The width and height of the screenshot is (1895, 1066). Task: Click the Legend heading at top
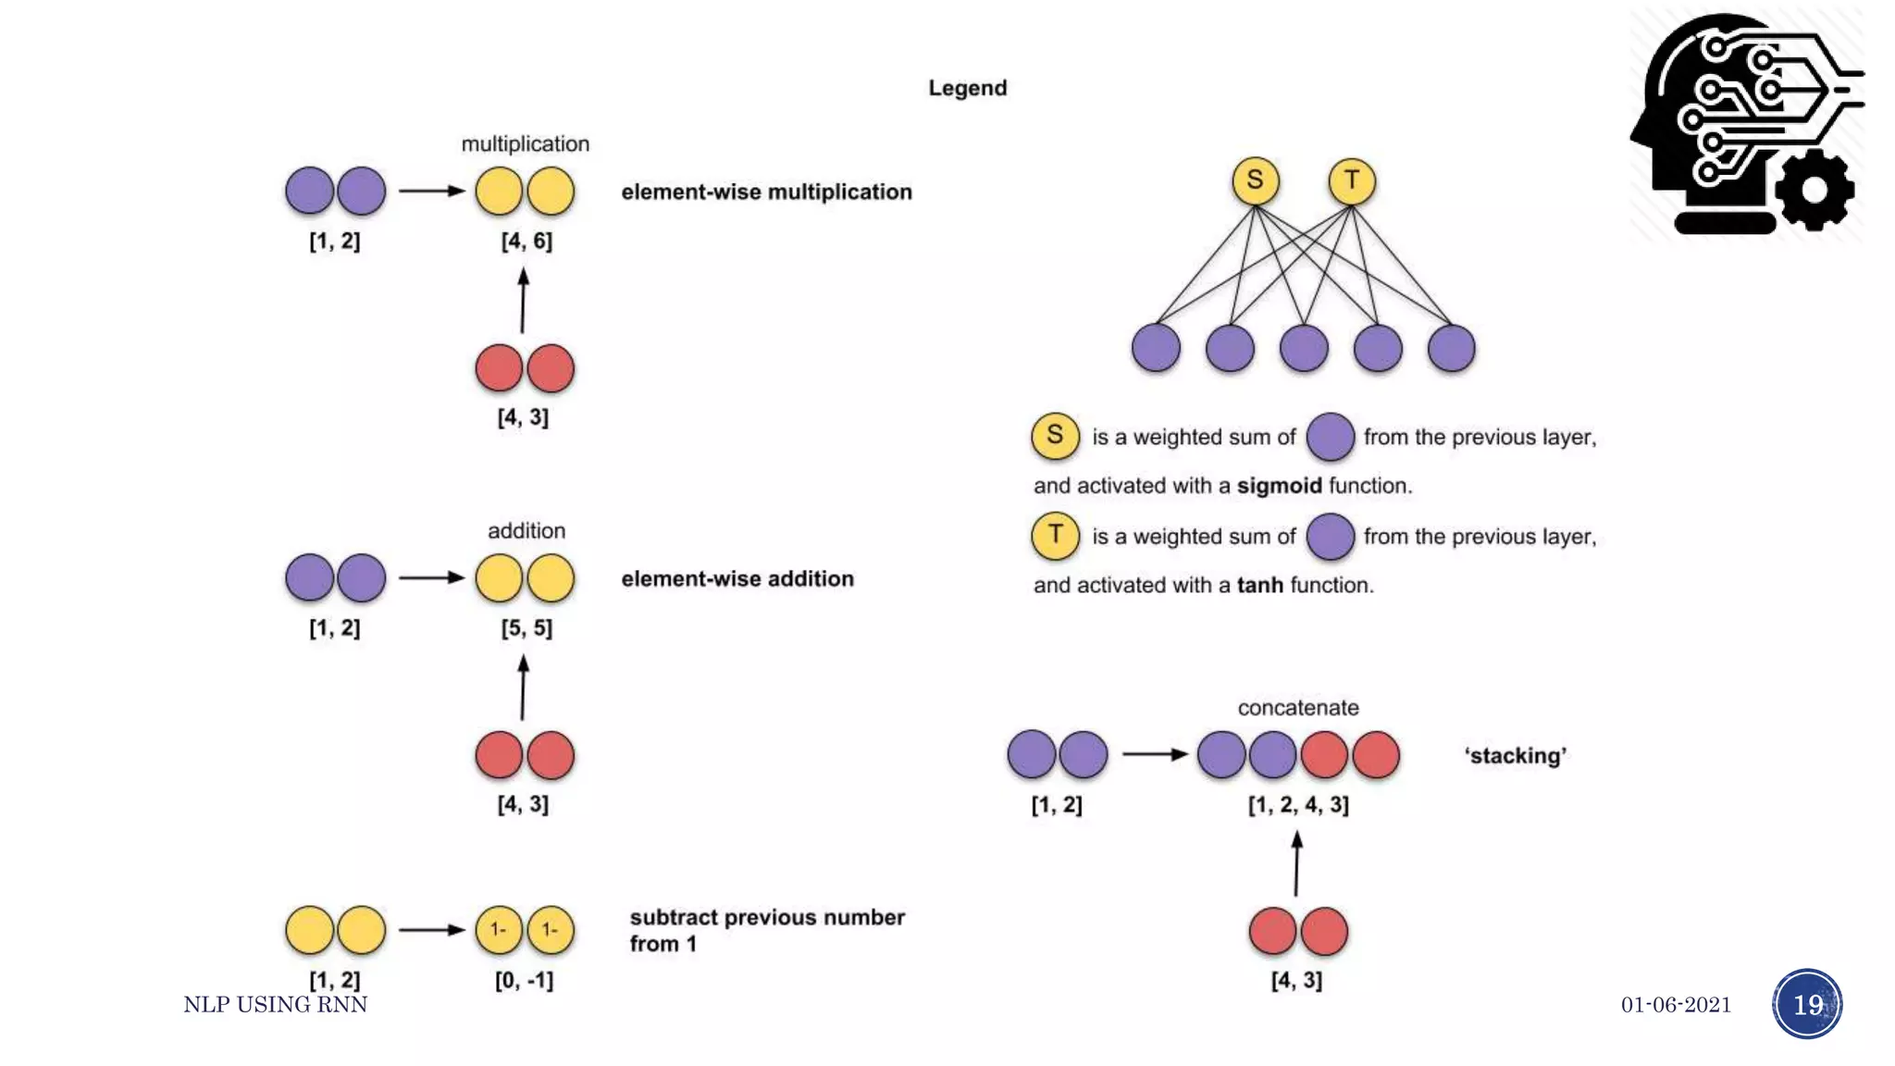point(967,88)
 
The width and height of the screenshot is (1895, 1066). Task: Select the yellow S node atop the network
point(1255,180)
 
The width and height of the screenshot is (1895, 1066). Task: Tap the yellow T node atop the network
point(1352,180)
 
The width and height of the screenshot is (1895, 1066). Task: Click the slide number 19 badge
point(1807,1004)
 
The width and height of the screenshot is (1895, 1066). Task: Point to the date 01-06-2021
point(1676,1005)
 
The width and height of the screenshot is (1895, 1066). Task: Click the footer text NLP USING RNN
point(275,1005)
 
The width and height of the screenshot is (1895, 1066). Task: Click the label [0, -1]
point(524,980)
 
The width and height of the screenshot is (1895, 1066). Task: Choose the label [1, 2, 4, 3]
point(1298,804)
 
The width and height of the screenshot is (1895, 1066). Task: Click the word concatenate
point(1298,708)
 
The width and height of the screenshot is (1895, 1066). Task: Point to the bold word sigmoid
point(1279,486)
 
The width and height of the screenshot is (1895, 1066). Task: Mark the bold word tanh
point(1259,586)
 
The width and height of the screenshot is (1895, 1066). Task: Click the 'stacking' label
point(1515,756)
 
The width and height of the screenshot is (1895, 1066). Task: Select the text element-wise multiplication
point(766,192)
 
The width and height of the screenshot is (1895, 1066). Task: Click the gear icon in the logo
point(1814,190)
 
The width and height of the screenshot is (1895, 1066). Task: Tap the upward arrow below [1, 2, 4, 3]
point(1296,863)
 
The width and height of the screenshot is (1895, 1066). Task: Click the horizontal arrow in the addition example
point(431,577)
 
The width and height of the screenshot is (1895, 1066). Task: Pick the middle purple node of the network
point(1304,348)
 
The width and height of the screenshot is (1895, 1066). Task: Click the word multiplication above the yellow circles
point(525,143)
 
